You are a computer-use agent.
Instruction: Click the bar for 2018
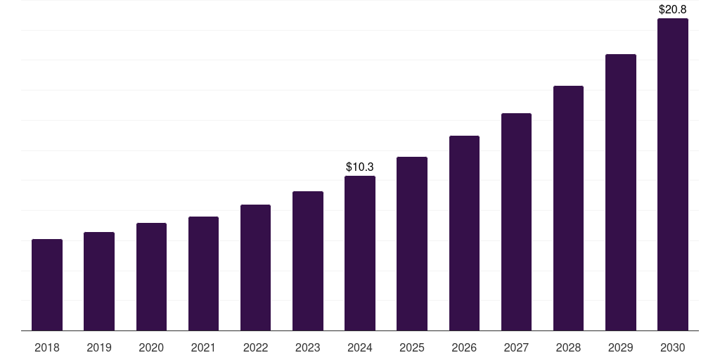(x=47, y=285)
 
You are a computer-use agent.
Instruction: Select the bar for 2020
(x=151, y=277)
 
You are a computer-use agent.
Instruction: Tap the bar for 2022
(x=255, y=268)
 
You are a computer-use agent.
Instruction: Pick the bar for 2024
(x=360, y=253)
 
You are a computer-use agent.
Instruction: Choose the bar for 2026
(x=464, y=233)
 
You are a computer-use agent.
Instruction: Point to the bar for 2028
(x=568, y=208)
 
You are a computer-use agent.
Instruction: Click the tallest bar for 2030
(x=673, y=174)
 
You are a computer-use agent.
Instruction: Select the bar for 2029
(x=621, y=193)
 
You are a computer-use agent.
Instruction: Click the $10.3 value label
(x=360, y=167)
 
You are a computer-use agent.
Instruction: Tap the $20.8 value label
(x=673, y=10)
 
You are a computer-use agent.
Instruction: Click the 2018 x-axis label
(x=47, y=347)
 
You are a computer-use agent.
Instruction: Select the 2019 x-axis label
(x=99, y=347)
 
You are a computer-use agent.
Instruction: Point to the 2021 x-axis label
(x=203, y=347)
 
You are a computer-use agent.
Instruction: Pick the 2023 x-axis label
(x=308, y=347)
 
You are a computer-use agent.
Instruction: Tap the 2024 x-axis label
(x=360, y=347)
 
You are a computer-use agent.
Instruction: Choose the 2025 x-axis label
(x=412, y=347)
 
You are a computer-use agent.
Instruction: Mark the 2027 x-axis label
(x=516, y=347)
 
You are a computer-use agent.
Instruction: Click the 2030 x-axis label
(x=673, y=347)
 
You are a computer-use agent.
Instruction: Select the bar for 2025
(x=412, y=244)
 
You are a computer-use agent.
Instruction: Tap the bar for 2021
(x=203, y=274)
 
